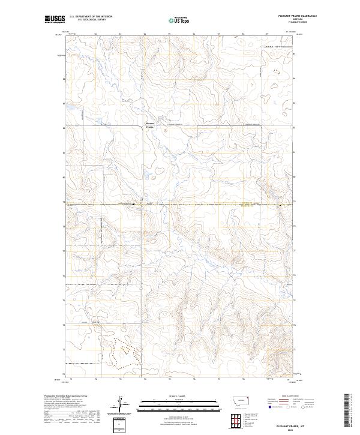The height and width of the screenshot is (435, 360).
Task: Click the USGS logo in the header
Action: point(55,19)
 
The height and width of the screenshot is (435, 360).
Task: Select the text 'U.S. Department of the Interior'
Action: point(91,17)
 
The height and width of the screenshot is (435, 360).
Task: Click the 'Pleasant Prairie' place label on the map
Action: point(151,125)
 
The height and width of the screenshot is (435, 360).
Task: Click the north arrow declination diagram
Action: point(122,405)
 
